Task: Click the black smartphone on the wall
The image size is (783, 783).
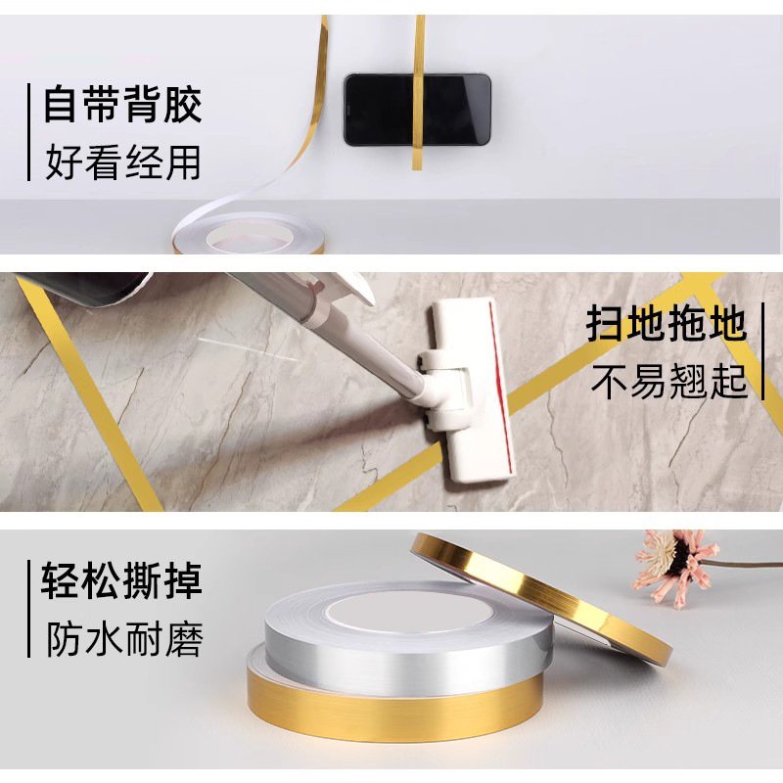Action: click(418, 110)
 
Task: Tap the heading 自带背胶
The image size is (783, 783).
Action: click(123, 105)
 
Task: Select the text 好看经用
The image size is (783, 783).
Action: click(123, 161)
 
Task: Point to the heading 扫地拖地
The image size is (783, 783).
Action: click(667, 325)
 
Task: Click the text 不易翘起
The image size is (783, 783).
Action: click(669, 381)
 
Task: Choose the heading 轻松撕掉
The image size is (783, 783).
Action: click(121, 580)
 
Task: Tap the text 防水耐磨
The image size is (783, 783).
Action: click(125, 639)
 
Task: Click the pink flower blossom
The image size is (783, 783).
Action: click(674, 567)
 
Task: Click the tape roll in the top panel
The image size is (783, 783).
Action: click(249, 234)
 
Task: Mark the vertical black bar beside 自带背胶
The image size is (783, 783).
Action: click(29, 132)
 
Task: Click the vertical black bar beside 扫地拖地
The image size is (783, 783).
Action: click(762, 351)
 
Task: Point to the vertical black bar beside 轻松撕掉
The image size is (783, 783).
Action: click(29, 609)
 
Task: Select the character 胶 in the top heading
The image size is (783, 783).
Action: click(183, 105)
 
